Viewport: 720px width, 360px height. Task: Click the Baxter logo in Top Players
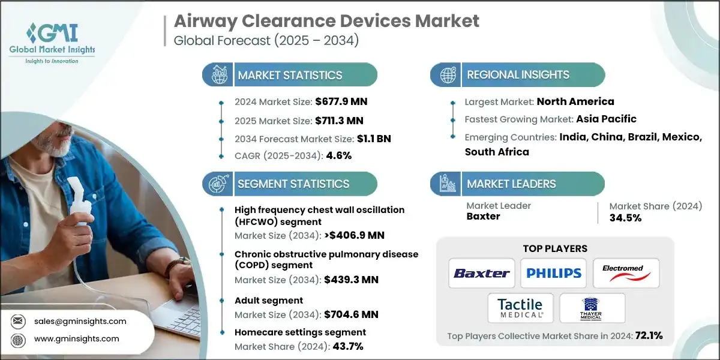coord(482,273)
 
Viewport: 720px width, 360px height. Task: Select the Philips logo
coord(554,273)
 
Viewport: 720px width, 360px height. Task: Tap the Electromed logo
coord(626,273)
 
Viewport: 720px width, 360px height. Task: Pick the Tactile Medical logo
coord(520,308)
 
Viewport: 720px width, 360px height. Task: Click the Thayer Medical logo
coord(592,308)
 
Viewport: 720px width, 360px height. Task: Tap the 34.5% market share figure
coord(626,217)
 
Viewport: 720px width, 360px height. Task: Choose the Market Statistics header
coord(290,75)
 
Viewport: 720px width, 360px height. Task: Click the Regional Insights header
coord(518,75)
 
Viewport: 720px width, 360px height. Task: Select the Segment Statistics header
coord(293,184)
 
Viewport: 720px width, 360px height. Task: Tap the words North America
coord(575,101)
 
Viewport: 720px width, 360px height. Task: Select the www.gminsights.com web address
coord(77,339)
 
